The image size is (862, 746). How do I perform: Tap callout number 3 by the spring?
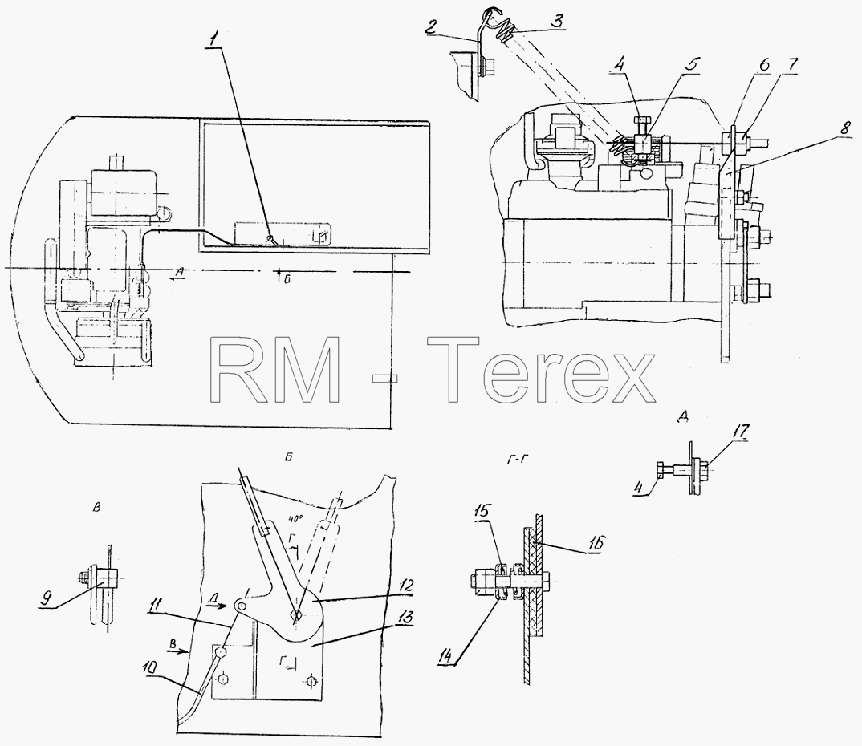pos(556,22)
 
